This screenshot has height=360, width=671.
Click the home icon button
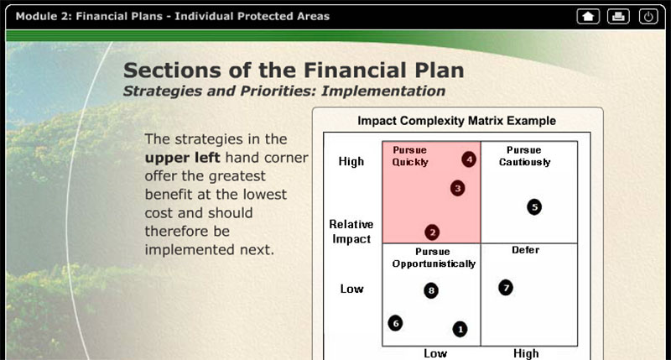point(588,17)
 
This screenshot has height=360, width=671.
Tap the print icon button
point(618,17)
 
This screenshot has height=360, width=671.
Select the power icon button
point(648,17)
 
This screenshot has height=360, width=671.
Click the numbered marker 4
point(469,159)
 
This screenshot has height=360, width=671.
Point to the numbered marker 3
point(457,188)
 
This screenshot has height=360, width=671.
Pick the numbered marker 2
point(432,232)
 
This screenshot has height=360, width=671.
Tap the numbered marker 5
point(534,207)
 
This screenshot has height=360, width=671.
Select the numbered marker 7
point(506,288)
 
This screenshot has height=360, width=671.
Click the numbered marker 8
point(431,290)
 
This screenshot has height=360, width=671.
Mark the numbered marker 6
point(395,323)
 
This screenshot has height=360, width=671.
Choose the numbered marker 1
point(460,329)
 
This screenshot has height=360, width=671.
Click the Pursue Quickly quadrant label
point(410,156)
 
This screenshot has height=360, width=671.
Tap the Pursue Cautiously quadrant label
point(525,156)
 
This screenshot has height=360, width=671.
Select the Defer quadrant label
point(526,250)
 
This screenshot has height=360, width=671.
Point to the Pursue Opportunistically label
point(434,258)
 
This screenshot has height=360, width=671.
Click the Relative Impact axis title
point(351,232)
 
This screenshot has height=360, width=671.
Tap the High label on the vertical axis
point(351,161)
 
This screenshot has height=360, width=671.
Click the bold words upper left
point(182,158)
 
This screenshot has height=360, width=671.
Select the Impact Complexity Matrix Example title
point(456,121)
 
